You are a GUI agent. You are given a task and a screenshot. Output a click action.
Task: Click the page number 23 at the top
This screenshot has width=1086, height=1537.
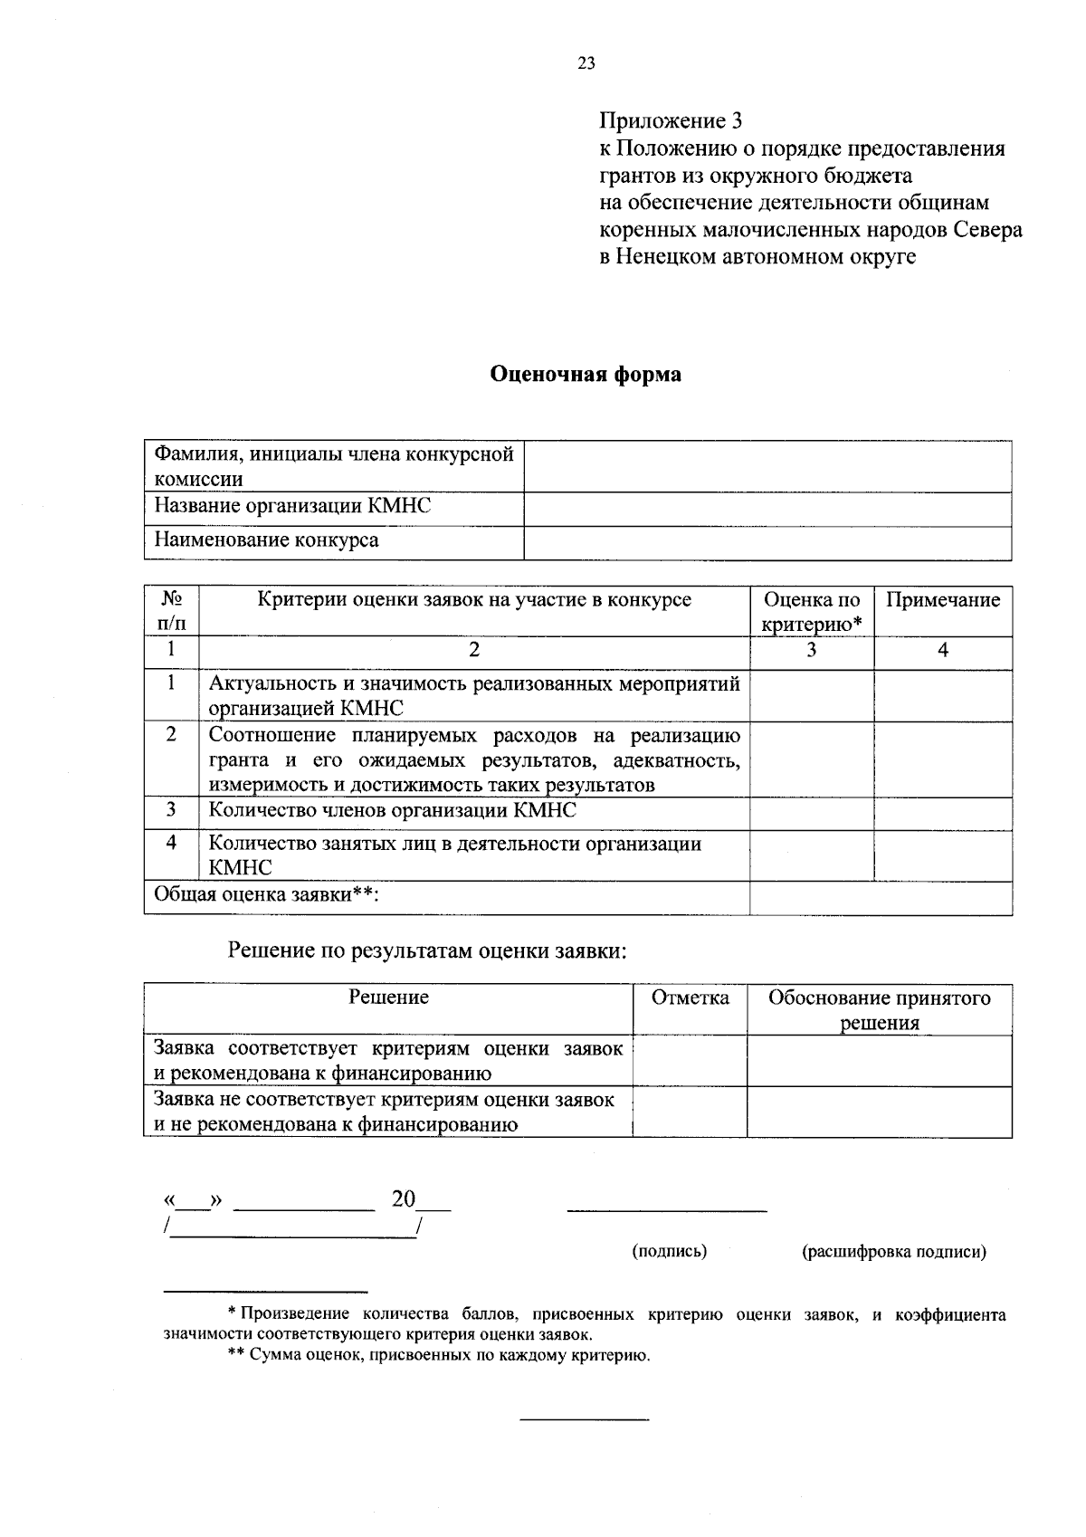tap(586, 63)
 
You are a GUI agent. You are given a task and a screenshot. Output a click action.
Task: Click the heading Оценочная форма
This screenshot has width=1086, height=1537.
tap(586, 374)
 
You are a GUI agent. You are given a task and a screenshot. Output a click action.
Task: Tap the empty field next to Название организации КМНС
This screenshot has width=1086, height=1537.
tap(767, 510)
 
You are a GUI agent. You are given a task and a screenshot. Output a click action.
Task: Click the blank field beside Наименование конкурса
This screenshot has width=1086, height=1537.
tap(767, 544)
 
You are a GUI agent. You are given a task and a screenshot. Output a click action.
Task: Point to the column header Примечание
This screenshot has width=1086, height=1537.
tap(942, 600)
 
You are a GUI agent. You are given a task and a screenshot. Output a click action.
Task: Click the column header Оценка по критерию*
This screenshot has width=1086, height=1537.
tap(811, 612)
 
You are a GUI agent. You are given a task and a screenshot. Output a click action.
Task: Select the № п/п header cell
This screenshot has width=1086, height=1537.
tap(171, 612)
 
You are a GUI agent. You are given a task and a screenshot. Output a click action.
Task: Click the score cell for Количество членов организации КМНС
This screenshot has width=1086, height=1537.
tap(811, 813)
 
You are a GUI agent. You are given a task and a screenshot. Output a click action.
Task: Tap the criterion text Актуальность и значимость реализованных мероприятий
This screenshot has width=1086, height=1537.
tap(474, 684)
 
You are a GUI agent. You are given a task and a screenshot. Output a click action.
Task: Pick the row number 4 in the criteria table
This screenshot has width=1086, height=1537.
tap(171, 843)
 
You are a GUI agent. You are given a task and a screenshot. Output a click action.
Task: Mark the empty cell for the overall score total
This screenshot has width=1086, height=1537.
tap(880, 898)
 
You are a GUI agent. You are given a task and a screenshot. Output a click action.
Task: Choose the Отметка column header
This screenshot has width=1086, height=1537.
tap(690, 998)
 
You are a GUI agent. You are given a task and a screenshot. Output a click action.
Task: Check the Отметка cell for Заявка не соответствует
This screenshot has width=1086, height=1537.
tap(690, 1112)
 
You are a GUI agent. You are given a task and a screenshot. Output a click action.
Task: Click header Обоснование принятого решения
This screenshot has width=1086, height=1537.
tap(879, 1010)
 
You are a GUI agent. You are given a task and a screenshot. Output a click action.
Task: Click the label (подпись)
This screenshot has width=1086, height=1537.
tap(669, 1252)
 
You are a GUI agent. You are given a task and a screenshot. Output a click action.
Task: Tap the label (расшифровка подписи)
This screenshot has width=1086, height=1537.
tap(893, 1253)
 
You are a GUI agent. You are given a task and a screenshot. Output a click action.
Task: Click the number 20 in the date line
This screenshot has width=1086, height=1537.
tap(404, 1199)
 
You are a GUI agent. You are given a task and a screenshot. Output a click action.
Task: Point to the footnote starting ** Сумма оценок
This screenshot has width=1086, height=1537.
tap(438, 1356)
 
